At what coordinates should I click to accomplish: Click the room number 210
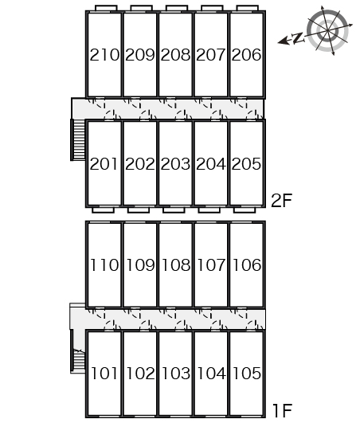pyautogui.click(x=104, y=55)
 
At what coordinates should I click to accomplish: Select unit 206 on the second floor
pyautogui.click(x=246, y=55)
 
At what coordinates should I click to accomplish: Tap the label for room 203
pyautogui.click(x=175, y=164)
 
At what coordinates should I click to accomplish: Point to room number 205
pyautogui.click(x=246, y=164)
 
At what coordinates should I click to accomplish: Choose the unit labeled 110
pyautogui.click(x=104, y=265)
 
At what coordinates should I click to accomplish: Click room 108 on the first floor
pyautogui.click(x=176, y=265)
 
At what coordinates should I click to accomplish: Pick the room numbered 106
pyautogui.click(x=247, y=265)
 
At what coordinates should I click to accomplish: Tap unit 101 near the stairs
pyautogui.click(x=104, y=374)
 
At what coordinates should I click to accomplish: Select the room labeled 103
pyautogui.click(x=176, y=374)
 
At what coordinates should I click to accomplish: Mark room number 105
pyautogui.click(x=247, y=374)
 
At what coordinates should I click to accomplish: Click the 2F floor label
pyautogui.click(x=281, y=201)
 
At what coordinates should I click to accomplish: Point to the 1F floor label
pyautogui.click(x=282, y=410)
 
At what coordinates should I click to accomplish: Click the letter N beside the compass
pyautogui.click(x=298, y=38)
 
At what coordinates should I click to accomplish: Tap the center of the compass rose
pyautogui.click(x=328, y=30)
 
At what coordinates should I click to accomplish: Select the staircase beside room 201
pyautogui.click(x=79, y=140)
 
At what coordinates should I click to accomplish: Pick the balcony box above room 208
pyautogui.click(x=177, y=8)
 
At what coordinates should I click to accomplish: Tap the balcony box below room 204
pyautogui.click(x=209, y=210)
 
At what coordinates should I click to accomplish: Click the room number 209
pyautogui.click(x=139, y=55)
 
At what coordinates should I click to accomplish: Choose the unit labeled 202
pyautogui.click(x=139, y=164)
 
